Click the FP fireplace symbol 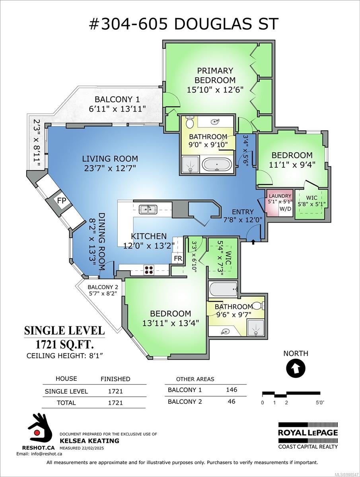point(61,200)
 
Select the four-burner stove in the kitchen point(149,270)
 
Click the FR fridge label point(178,259)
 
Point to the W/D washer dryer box point(286,209)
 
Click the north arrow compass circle point(296,368)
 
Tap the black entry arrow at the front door point(253,242)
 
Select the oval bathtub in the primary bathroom point(216,164)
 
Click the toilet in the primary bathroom point(190,122)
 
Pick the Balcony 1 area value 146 point(231,390)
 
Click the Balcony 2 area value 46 point(231,401)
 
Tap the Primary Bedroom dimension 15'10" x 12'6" point(215,89)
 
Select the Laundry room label point(280,196)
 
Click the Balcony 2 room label point(103,287)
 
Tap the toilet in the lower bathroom point(259,306)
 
